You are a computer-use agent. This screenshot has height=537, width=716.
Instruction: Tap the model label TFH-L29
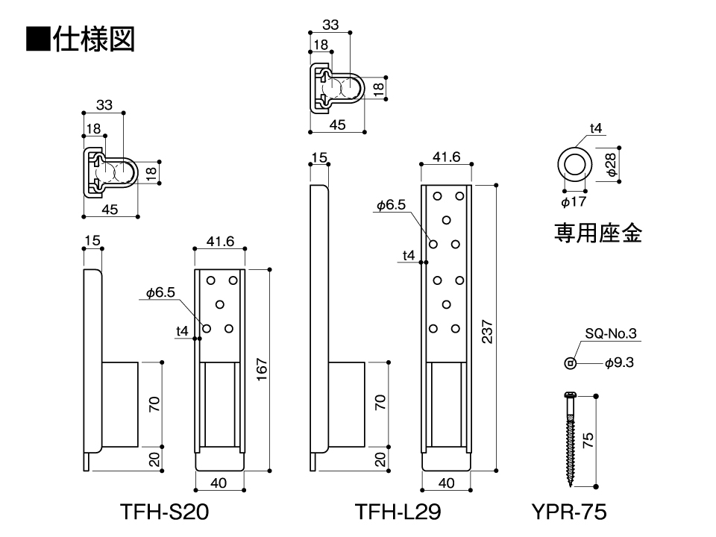pos(398,512)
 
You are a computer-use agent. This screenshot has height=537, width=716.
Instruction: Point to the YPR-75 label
pos(569,512)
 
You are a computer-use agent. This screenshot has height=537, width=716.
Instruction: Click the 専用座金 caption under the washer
pos(597,233)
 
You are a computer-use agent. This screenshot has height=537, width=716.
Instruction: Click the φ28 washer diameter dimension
pos(611,164)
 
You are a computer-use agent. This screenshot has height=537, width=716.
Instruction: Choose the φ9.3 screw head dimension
pos(620,363)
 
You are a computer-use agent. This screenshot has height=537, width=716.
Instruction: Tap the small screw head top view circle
pos(570,363)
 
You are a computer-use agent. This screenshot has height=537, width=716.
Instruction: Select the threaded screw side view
pos(571,440)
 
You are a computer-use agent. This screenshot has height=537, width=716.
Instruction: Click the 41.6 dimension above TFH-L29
pos(445,157)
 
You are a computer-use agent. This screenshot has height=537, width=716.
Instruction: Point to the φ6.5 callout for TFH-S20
pos(160,293)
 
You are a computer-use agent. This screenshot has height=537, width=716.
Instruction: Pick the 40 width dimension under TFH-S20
pos(219,483)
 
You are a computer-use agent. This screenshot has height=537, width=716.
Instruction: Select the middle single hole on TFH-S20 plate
pos(220,304)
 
